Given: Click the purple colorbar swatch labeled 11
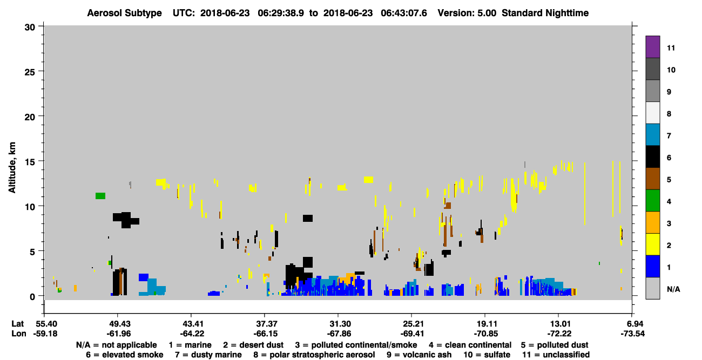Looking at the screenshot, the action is tap(652, 46).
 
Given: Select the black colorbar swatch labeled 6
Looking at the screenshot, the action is tap(652, 157).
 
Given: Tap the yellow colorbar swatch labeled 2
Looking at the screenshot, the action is tap(652, 244).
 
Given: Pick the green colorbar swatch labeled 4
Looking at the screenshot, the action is tap(652, 201).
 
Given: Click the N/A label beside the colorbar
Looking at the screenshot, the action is tap(673, 289).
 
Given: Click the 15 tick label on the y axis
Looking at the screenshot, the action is tap(30, 162).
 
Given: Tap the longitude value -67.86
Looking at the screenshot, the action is tap(339, 334).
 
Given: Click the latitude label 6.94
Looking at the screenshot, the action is tap(632, 324).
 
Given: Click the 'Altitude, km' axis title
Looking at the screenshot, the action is tap(12, 167).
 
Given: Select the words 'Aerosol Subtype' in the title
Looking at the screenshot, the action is tap(124, 13).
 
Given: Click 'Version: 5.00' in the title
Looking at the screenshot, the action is tap(467, 13).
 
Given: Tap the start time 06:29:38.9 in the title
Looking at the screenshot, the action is tap(281, 13).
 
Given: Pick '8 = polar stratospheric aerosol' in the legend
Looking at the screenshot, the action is tap(314, 355).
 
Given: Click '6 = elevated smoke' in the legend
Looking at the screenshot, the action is tap(125, 355).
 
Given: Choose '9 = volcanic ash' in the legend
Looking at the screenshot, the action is tap(419, 355).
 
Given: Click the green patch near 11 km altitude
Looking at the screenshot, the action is tap(100, 196).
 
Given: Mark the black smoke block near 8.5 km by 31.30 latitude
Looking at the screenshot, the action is tap(308, 218).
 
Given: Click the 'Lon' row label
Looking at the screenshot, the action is tap(19, 334).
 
